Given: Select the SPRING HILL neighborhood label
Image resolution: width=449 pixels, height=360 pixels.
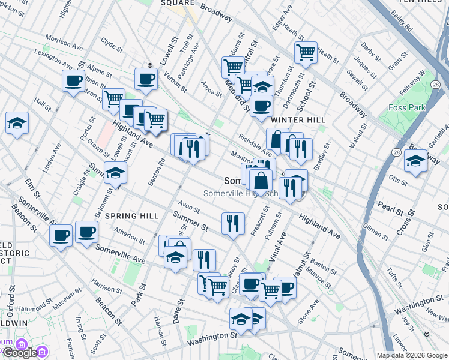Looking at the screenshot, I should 132,216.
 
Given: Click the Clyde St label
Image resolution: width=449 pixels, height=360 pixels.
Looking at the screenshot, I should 112,44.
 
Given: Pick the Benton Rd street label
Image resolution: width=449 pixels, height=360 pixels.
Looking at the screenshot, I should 161,172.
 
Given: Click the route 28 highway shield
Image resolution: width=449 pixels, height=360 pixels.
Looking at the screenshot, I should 397,153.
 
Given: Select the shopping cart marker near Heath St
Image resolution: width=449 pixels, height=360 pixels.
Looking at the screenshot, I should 306,52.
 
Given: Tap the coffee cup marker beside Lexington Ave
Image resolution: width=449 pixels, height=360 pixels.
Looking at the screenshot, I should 73,81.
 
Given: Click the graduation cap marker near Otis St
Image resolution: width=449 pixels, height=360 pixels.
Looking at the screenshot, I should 415,161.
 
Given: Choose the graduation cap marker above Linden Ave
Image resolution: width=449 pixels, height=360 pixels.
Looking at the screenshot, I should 17,123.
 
